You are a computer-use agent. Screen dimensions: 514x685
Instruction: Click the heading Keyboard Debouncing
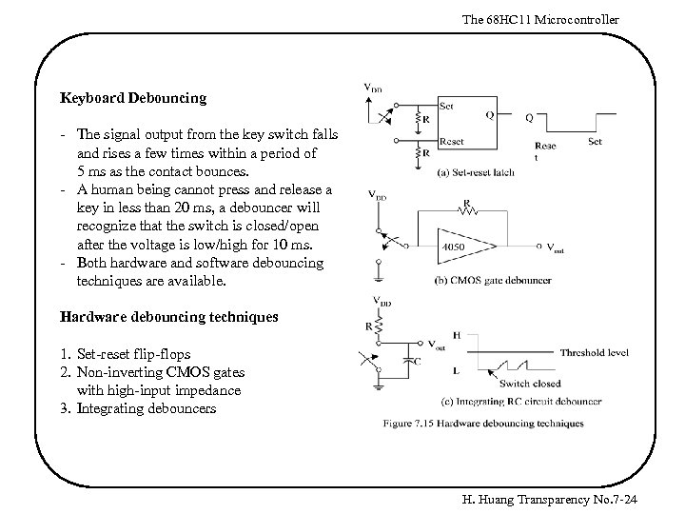(133, 98)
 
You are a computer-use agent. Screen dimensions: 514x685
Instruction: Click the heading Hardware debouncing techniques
(169, 317)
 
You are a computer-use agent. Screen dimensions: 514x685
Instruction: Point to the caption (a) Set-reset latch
(477, 173)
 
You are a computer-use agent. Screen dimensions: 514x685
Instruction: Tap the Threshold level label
(594, 352)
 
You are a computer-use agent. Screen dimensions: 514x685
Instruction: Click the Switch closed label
(530, 385)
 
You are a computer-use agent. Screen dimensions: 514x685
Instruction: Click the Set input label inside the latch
(447, 105)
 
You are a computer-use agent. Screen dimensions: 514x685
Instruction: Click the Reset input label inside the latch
(452, 142)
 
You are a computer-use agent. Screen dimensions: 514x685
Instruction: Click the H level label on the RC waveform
(458, 336)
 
